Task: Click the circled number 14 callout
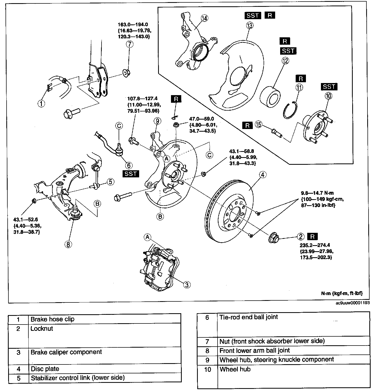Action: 204,18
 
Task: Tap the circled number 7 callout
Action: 129,44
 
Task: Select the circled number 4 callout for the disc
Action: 263,174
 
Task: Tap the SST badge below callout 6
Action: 131,174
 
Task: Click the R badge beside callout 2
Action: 312,236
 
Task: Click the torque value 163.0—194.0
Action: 133,24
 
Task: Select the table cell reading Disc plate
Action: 45,369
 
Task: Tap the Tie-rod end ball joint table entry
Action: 248,317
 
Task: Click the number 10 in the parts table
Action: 208,369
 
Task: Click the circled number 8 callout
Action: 68,244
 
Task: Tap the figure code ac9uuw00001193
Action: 352,303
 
